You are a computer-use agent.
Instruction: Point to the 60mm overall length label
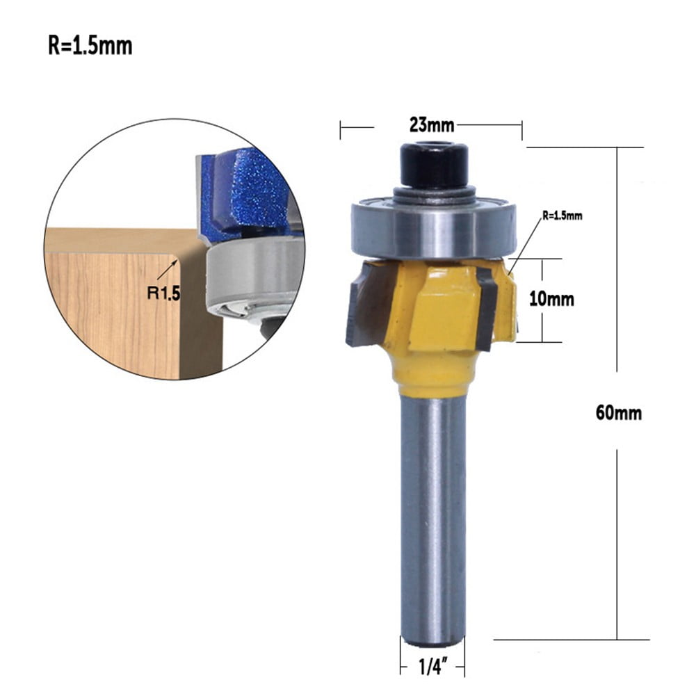pyautogui.click(x=618, y=412)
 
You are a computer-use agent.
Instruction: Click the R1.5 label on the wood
pyautogui.click(x=163, y=293)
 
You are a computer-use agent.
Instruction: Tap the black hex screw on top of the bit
pyautogui.click(x=434, y=164)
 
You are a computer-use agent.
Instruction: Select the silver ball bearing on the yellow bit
pyautogui.click(x=434, y=230)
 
